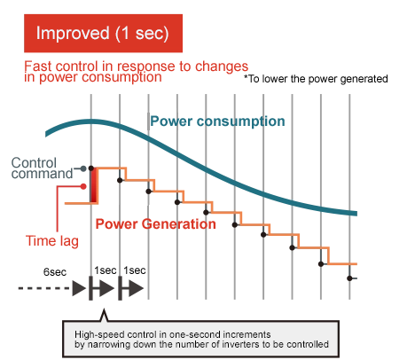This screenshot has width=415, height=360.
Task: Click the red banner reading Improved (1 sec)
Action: [103, 33]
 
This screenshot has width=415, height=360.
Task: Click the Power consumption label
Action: [217, 121]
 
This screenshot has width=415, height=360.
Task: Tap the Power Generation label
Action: [156, 224]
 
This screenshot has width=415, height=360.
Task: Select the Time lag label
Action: [52, 240]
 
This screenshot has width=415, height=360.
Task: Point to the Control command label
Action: [42, 168]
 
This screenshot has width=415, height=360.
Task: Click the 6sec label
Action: [55, 272]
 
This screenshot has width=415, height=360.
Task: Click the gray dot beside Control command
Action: [83, 168]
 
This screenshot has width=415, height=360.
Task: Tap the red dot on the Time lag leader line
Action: [83, 186]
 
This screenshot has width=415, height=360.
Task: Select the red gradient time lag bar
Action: [94, 185]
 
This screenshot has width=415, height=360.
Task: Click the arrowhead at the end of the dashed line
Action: [79, 288]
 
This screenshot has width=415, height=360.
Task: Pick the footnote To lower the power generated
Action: [316, 79]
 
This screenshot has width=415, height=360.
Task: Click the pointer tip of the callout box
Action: [104, 309]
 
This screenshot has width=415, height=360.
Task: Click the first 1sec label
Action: [106, 270]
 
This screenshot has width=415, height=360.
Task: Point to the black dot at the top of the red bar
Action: [91, 168]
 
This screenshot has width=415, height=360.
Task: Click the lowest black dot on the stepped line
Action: [349, 278]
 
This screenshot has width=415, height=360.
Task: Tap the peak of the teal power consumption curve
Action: [90, 121]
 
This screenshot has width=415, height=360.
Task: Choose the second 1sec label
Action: [135, 270]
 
